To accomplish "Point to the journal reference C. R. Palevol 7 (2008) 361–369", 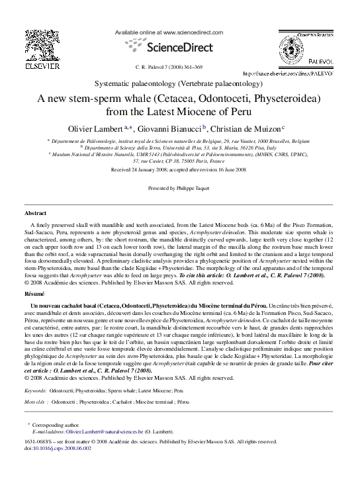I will pyautogui.click(x=169, y=67).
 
